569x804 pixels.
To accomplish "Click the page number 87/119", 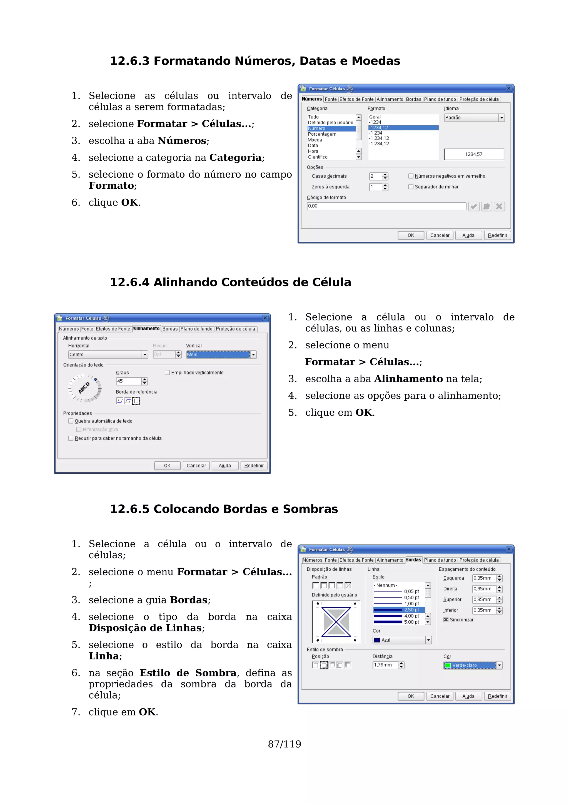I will pos(284,744).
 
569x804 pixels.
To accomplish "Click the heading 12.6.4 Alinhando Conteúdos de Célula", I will pos(230,282).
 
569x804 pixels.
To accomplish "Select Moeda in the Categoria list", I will pos(315,140).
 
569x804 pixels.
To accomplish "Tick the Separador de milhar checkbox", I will pos(411,187).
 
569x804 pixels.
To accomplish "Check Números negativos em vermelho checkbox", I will pos(411,176).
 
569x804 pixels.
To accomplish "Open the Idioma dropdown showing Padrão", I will pos(501,118).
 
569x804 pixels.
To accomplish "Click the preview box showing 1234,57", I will pos(474,155).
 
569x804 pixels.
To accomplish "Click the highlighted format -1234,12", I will pos(403,127).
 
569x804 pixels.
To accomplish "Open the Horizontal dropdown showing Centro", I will pos(145,355).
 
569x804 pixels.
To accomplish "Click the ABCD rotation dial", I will pos(84,388).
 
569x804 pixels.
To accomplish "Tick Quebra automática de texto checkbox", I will pos(71,421).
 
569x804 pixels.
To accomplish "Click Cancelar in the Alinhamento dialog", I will pos(196,466).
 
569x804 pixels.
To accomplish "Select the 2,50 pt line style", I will pos(399,610).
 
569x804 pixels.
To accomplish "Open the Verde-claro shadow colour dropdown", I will pos(499,665).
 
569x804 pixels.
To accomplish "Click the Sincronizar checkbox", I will pos(446,620).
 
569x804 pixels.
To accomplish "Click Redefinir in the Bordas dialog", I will pos(497,696).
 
